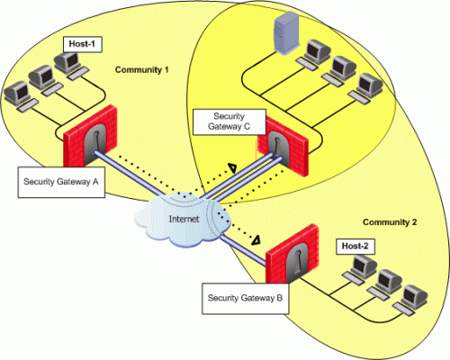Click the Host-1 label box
[83, 44]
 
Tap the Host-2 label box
[355, 247]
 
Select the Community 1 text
[141, 70]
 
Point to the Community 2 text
[390, 222]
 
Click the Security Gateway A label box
[61, 182]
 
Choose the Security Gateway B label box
[246, 298]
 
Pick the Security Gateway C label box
[229, 121]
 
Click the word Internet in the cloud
[184, 219]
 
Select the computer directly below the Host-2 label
[361, 269]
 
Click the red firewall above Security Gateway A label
[90, 137]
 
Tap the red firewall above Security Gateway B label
[292, 255]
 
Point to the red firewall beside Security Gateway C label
[283, 147]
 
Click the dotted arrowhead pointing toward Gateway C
[232, 168]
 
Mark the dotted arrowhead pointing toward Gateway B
[256, 239]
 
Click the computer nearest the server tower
[313, 55]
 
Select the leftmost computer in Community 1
[21, 96]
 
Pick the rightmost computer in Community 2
[410, 301]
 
